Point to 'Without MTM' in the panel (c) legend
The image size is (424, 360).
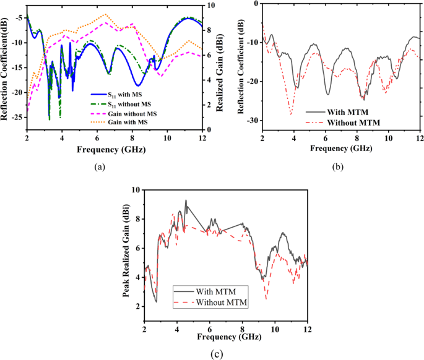pyautogui.click(x=222, y=302)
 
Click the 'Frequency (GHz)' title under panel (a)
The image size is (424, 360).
pyautogui.click(x=114, y=150)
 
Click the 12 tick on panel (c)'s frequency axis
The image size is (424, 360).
pyautogui.click(x=307, y=327)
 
